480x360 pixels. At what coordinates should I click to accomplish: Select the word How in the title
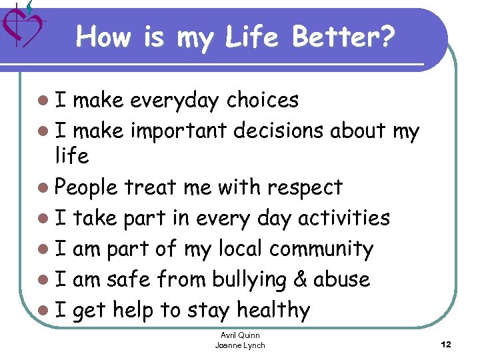click(x=103, y=38)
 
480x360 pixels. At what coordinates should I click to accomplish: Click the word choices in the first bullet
click(x=262, y=100)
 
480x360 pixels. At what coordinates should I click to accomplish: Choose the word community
click(x=321, y=249)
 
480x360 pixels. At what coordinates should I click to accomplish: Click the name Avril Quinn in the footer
click(x=240, y=335)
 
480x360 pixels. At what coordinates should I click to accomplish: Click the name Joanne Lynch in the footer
click(x=240, y=345)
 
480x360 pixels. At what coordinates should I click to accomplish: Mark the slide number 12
click(x=446, y=345)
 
